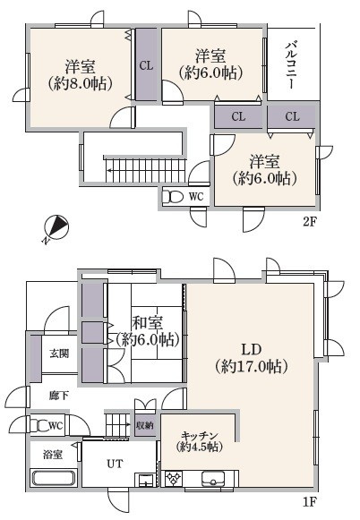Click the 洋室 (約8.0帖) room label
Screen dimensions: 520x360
(81, 75)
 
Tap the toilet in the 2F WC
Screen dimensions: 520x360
(176, 197)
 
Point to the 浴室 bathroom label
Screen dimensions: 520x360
(51, 454)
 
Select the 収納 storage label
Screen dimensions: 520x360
(143, 425)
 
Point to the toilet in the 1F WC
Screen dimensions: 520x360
(36, 424)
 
